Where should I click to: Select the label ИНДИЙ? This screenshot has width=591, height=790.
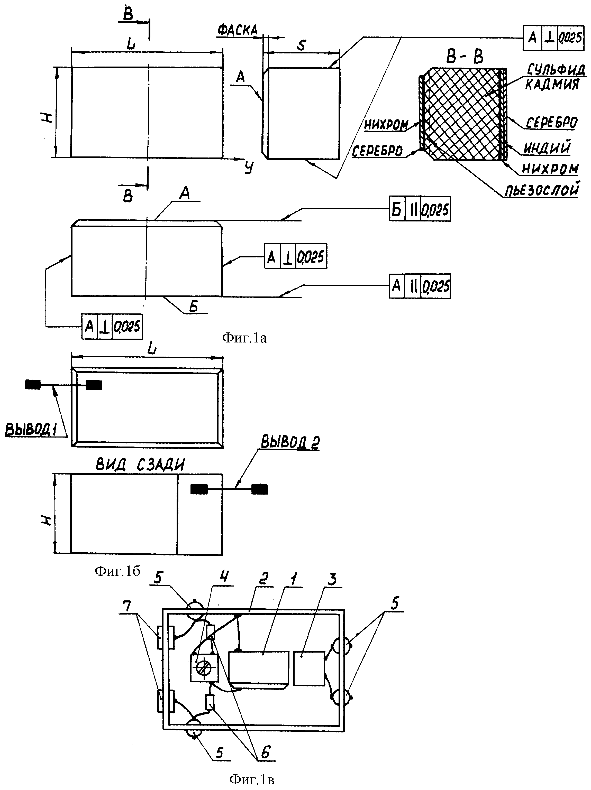pyautogui.click(x=547, y=147)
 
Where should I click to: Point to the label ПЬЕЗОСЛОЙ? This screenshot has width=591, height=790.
pyautogui.click(x=542, y=190)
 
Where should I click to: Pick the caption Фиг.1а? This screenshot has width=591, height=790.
pyautogui.click(x=244, y=338)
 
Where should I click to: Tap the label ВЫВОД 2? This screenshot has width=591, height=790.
pyautogui.click(x=290, y=442)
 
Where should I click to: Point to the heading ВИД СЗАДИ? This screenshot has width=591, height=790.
pyautogui.click(x=140, y=465)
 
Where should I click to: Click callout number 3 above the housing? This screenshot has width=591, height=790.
pyautogui.click(x=332, y=579)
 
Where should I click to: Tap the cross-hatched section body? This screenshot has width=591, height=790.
pyautogui.click(x=463, y=114)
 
